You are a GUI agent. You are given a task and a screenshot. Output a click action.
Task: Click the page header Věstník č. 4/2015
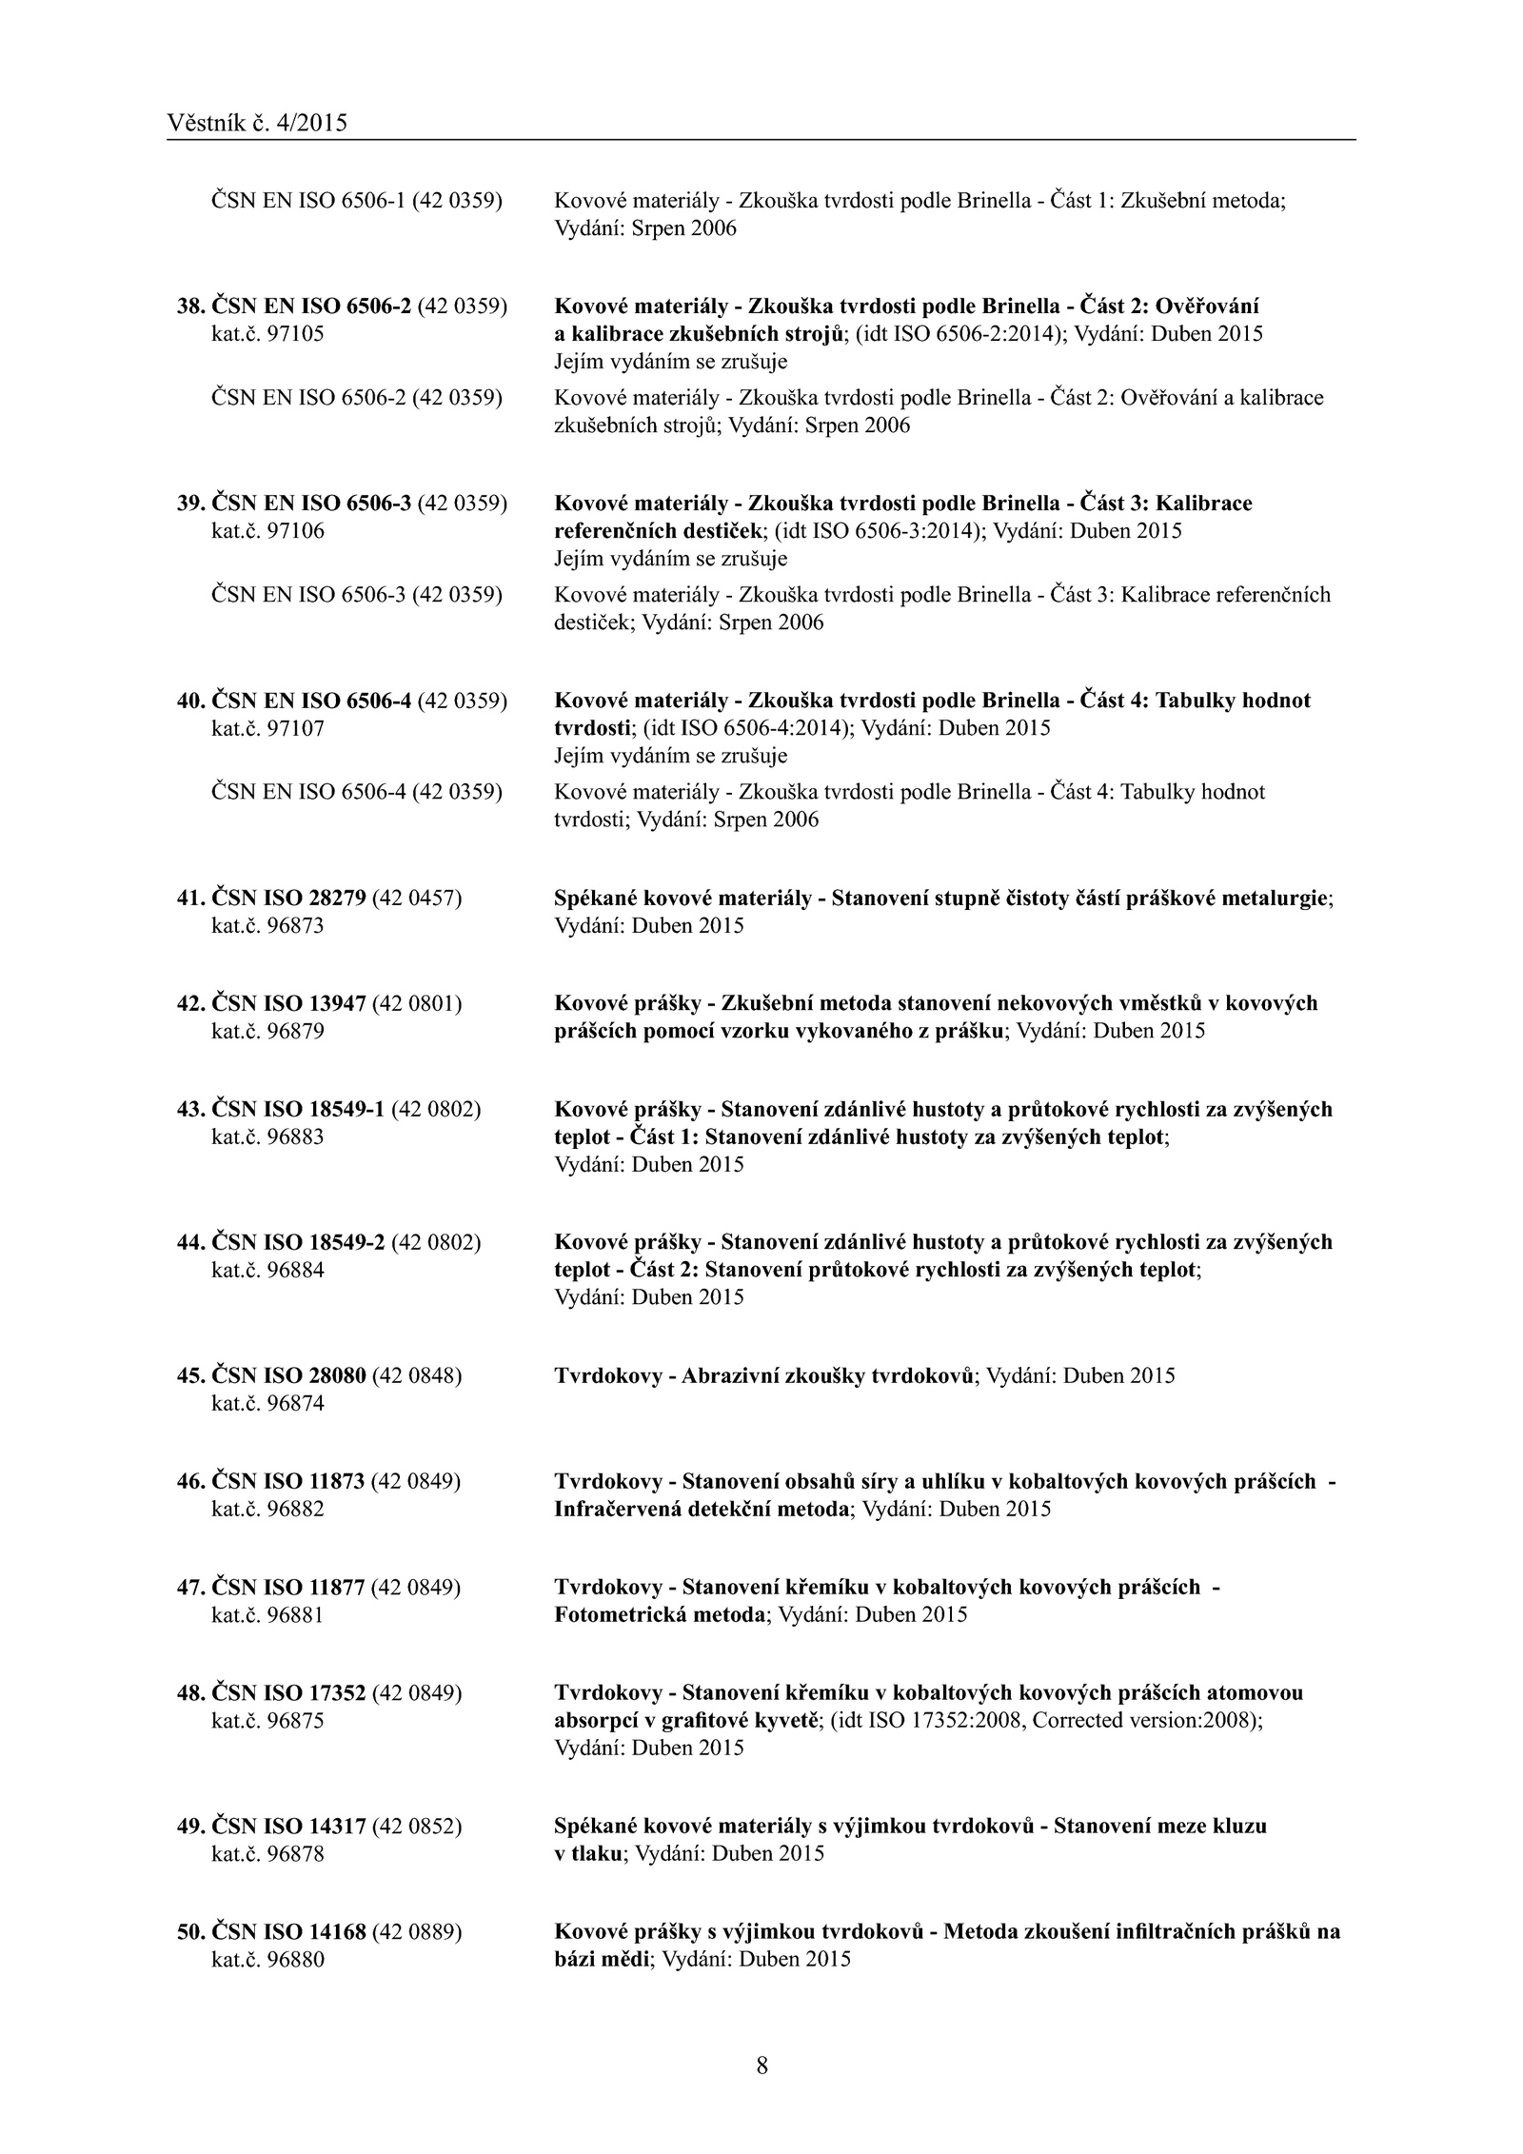(257, 123)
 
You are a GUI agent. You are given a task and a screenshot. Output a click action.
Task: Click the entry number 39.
(190, 503)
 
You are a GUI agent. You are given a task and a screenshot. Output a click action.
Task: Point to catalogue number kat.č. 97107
(267, 728)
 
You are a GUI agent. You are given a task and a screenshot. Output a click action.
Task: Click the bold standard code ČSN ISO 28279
(288, 898)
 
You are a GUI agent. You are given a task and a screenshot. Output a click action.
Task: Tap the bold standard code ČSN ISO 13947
(288, 1003)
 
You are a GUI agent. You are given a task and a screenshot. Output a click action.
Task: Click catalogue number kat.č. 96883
(267, 1136)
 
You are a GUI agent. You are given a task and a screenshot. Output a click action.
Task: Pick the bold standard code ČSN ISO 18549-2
(298, 1242)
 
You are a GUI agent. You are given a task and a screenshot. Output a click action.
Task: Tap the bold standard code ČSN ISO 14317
(288, 1826)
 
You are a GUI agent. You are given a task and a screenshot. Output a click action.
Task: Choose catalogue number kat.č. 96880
(267, 1960)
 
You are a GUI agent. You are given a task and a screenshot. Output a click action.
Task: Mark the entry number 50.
(190, 1931)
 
